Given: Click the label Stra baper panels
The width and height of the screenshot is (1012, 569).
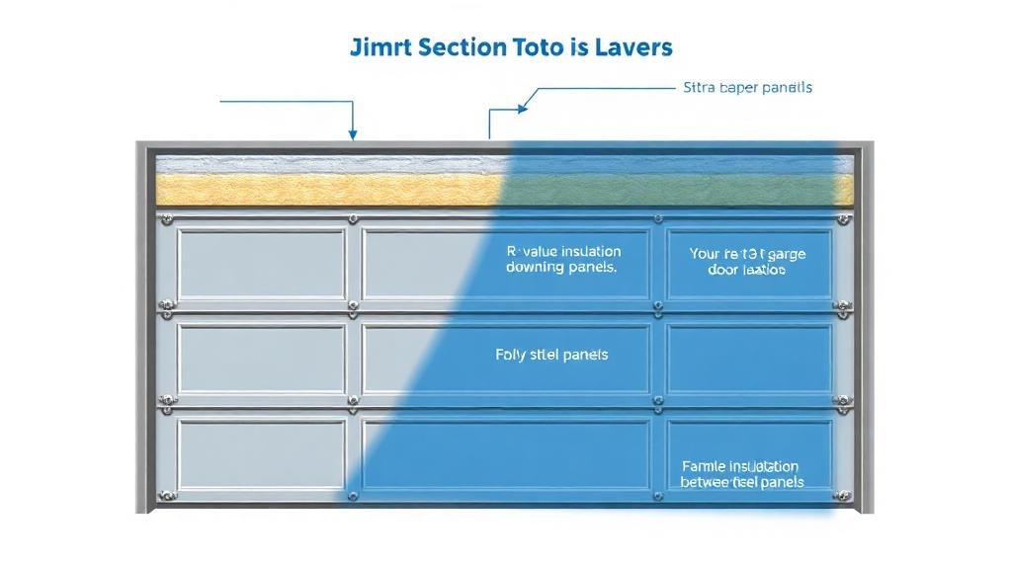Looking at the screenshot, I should [747, 88].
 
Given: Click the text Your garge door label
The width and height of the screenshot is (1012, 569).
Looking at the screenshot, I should [746, 262].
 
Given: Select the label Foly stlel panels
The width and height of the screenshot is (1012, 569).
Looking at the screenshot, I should [550, 354].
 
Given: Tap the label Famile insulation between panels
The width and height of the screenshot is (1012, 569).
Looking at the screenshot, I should [741, 474].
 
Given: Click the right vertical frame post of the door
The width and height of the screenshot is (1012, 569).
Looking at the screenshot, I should [864, 326].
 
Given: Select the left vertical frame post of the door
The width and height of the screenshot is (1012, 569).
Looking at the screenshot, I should [145, 326].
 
